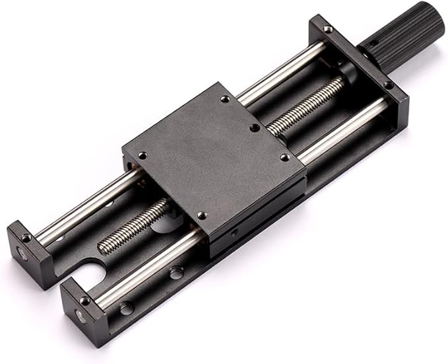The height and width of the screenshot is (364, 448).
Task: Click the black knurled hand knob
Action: click(x=402, y=34)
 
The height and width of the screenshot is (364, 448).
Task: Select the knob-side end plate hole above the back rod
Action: click(x=327, y=28)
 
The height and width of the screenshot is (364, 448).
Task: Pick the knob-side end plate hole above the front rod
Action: click(x=389, y=85)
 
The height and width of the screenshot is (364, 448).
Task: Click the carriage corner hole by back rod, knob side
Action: click(x=225, y=98)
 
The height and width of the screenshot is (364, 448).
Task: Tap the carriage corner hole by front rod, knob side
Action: click(x=284, y=157)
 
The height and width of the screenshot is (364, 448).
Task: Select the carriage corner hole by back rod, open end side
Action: click(x=142, y=156)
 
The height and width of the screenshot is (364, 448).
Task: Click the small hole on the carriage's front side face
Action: click(x=232, y=233)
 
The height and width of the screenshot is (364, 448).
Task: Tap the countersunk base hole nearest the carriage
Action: click(x=176, y=272)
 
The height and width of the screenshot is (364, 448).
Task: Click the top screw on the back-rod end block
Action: click(x=26, y=237)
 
